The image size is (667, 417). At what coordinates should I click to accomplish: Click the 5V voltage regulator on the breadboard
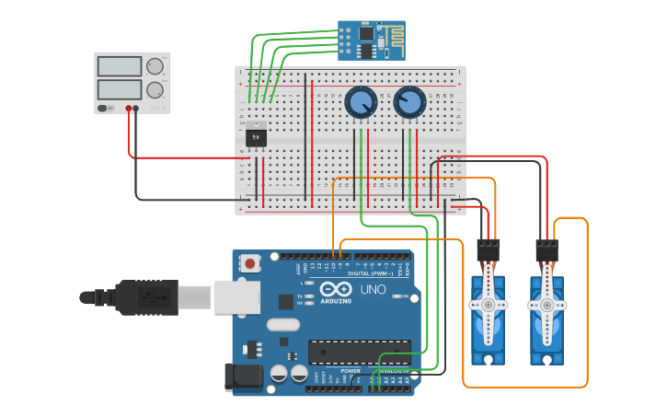257,135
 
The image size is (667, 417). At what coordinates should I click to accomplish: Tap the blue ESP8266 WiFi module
371,40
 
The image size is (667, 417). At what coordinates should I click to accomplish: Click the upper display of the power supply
120,66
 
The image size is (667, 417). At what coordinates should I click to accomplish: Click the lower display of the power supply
120,89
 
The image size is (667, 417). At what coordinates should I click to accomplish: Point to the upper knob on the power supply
155,66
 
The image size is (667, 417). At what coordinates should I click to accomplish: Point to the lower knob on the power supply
155,90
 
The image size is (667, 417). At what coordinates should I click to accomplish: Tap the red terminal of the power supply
128,109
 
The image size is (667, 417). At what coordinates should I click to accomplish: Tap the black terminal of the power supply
136,109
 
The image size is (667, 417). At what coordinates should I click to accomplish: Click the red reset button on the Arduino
249,264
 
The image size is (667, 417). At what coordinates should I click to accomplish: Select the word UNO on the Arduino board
373,289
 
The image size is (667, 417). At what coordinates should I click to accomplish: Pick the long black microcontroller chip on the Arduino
359,352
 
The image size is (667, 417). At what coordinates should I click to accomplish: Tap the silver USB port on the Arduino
237,297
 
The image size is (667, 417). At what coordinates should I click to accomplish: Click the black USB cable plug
147,297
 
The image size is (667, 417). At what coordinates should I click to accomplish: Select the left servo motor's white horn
488,305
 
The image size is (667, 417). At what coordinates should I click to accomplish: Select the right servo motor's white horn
546,305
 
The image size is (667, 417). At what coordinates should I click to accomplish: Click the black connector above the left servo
488,249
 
